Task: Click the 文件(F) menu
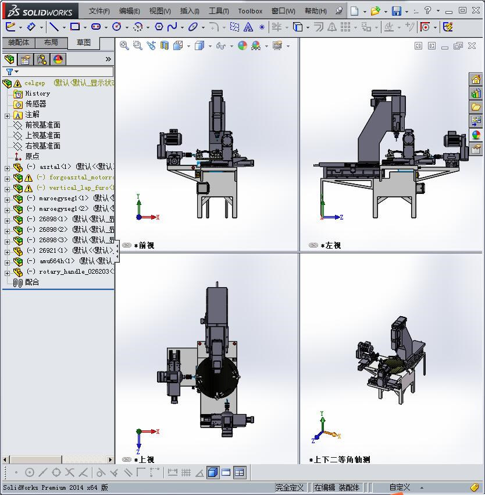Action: pyautogui.click(x=99, y=11)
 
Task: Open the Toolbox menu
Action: pyautogui.click(x=250, y=11)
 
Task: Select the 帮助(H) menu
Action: pyautogui.click(x=315, y=11)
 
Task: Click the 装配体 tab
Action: pyautogui.click(x=19, y=43)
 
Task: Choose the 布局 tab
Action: pyautogui.click(x=51, y=43)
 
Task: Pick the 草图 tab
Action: pyautogui.click(x=84, y=43)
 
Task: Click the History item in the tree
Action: pyautogui.click(x=37, y=93)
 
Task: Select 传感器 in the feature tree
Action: pyautogui.click(x=35, y=104)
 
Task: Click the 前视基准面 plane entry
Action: pyautogui.click(x=42, y=125)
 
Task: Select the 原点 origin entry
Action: pyautogui.click(x=32, y=157)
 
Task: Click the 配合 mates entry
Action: pyautogui.click(x=32, y=282)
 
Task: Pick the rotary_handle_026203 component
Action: pyautogui.click(x=76, y=272)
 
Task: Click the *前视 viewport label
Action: pyautogui.click(x=144, y=246)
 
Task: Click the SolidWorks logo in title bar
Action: pyautogui.click(x=40, y=11)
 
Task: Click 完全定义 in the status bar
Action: pyautogui.click(x=290, y=487)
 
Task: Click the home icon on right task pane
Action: pyautogui.click(x=476, y=80)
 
